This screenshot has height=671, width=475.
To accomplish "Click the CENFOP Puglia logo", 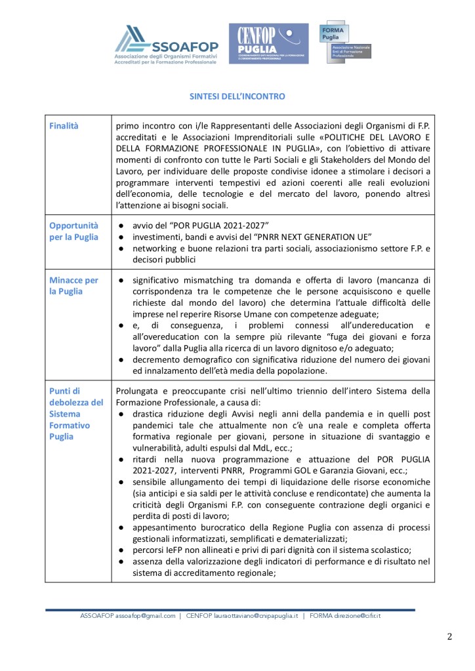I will coord(268,43).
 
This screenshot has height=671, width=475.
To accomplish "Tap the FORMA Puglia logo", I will coord(344,41).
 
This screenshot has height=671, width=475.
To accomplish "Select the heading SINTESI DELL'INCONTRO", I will coord(237,96).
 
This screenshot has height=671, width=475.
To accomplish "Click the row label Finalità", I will coord(64,125).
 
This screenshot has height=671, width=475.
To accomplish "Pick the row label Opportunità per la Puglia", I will coord(74,232).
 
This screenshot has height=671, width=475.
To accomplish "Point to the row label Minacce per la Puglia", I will coord(74,285).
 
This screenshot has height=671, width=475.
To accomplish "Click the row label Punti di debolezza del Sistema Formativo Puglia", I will coord(76,414).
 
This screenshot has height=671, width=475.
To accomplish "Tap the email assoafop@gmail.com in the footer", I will coord(146,616).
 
